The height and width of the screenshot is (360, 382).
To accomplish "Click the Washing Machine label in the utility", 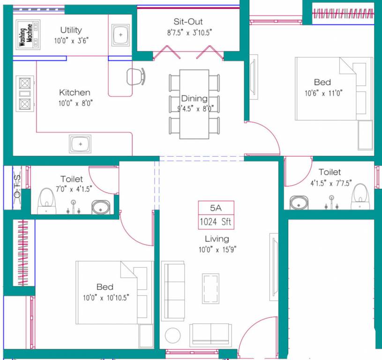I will click(x=29, y=35).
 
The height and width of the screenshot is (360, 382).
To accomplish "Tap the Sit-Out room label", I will click(x=187, y=22).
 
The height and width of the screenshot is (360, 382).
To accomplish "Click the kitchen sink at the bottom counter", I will click(x=81, y=143).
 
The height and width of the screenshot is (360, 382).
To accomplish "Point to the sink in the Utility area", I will click(x=121, y=35).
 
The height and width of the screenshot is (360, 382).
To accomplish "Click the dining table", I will click(x=195, y=104).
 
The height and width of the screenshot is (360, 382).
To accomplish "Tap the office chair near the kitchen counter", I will click(x=135, y=76).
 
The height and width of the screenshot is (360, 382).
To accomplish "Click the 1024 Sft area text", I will click(x=216, y=222).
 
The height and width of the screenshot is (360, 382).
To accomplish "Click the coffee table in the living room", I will click(x=210, y=289).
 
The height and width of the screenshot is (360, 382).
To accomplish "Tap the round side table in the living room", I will click(x=172, y=336).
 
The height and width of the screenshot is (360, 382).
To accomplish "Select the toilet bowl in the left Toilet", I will click(x=46, y=201).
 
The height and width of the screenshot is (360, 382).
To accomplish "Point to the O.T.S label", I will click(x=16, y=186).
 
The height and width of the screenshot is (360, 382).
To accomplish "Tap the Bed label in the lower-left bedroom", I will click(x=105, y=287).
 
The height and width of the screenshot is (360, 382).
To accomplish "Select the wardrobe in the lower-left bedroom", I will click(x=21, y=253).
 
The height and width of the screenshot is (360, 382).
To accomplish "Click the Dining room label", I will click(x=195, y=98).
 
